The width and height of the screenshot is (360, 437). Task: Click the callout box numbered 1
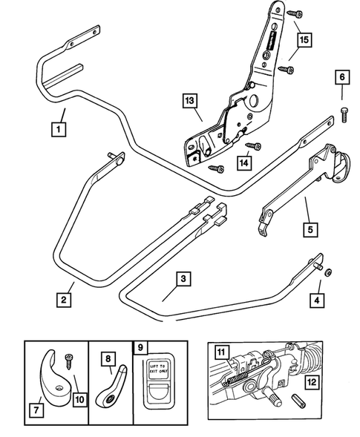[x=56, y=128]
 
